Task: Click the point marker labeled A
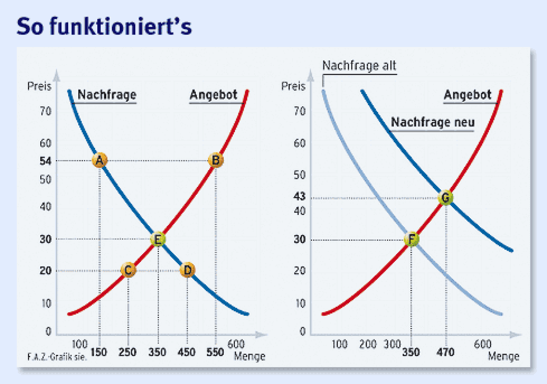pos(100,160)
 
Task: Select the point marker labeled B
pos(216,160)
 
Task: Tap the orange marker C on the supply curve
pos(128,270)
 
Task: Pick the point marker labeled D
pos(187,270)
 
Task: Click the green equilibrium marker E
pos(158,239)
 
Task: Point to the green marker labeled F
pos(411,239)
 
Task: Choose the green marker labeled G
pos(445,198)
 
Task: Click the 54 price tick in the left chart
pos(45,161)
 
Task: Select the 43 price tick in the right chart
pos(299,196)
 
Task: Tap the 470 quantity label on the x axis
pos(445,352)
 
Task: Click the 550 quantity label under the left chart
pos(215,352)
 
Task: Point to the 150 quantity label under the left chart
pos(99,352)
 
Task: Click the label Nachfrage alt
pos(359,66)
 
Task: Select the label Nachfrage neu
pos(433,122)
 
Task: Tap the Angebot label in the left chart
pos(214,95)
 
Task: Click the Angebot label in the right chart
pos(468,95)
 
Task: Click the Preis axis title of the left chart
pos(39,86)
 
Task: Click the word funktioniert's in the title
pos(121,27)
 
